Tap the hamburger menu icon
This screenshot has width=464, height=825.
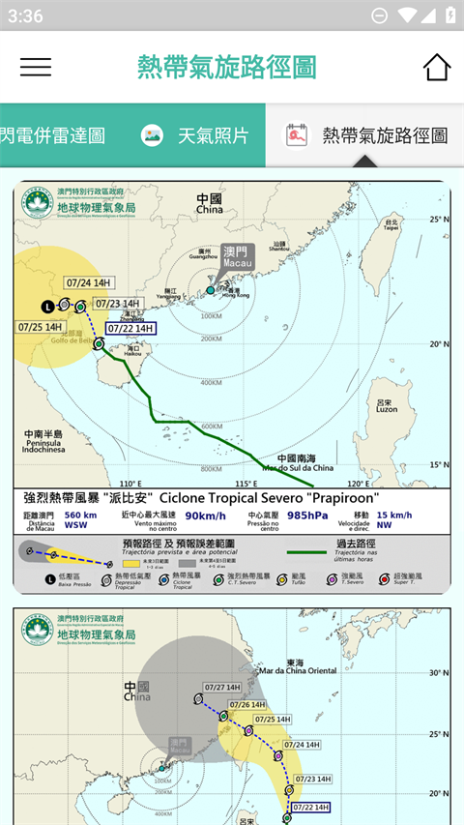[x=36, y=67]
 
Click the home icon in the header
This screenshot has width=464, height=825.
[x=437, y=67]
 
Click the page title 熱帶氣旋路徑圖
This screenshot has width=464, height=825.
[x=227, y=67]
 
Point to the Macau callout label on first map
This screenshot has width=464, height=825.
[x=237, y=256]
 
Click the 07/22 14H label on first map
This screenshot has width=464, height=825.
[x=130, y=328]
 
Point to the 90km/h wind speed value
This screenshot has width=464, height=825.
[x=205, y=516]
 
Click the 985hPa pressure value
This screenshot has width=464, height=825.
[x=312, y=516]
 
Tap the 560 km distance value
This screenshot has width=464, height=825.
[x=81, y=516]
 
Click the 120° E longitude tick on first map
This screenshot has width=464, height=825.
[x=359, y=484]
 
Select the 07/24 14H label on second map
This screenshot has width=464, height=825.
[x=300, y=745]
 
